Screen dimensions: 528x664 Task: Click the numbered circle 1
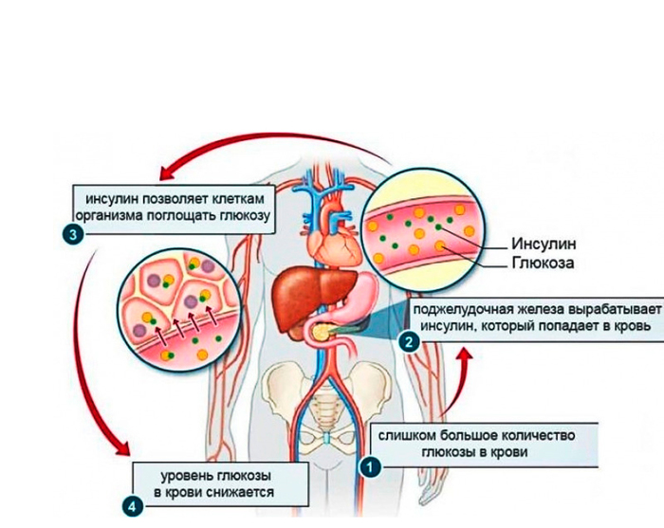click(x=370, y=465)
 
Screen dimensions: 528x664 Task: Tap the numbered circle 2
click(x=409, y=343)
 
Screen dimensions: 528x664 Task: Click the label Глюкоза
click(x=544, y=262)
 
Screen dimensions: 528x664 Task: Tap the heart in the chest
click(x=333, y=237)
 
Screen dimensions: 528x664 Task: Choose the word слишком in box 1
click(x=408, y=436)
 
